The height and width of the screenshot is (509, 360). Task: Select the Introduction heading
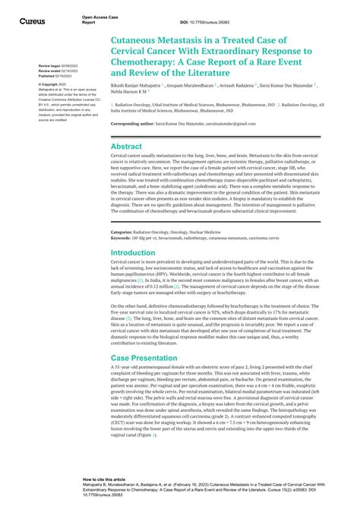[x=133, y=252]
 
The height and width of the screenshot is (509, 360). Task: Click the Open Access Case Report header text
[x=101, y=19]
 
